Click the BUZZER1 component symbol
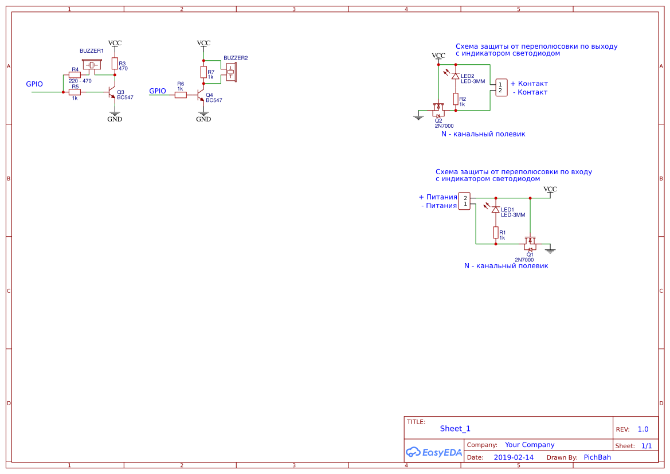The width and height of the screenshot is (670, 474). point(91,65)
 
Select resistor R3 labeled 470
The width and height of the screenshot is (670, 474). point(115,63)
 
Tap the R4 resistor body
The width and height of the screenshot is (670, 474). point(75,75)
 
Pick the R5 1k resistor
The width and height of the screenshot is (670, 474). point(75,92)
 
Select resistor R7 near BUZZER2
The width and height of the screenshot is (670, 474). point(203,72)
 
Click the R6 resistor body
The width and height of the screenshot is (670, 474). point(181,95)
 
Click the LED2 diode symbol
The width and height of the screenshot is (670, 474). point(456,76)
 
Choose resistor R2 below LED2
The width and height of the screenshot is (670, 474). point(456,99)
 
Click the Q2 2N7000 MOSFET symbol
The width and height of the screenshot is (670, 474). point(438,109)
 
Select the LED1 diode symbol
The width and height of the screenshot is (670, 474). point(495,210)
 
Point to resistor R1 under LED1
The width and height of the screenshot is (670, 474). point(495,232)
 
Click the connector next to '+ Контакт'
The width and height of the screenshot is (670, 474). point(501,87)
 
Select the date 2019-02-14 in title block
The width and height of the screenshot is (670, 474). point(514,457)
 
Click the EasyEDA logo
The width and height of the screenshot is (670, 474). point(434,452)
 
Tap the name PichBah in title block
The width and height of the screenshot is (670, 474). point(597,457)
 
